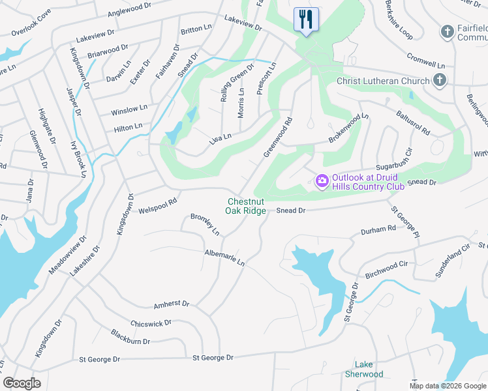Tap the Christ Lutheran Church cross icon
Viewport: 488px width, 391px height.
coord(440,80)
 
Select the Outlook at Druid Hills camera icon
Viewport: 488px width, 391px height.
coord(322,181)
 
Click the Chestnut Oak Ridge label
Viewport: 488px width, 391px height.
coord(245,206)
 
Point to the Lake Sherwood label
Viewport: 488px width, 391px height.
coord(364,369)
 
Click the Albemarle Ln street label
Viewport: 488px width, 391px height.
coord(224,258)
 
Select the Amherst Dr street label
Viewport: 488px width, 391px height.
coord(171,304)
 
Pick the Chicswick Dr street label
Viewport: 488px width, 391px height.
coord(151,323)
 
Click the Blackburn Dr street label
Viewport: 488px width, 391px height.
coord(130,340)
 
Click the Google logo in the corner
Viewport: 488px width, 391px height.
coord(22,383)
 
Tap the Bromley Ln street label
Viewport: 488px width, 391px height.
coord(205,224)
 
